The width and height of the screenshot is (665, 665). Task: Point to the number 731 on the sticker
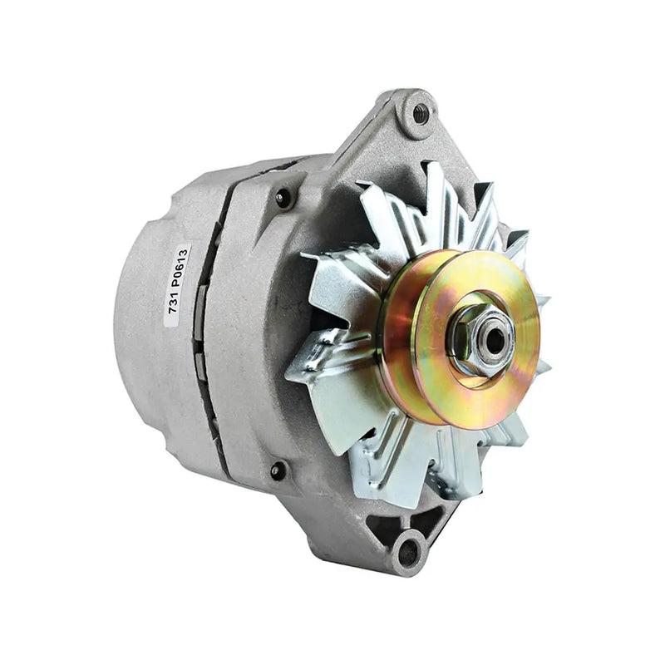(174, 308)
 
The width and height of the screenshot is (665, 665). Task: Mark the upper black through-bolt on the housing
(283, 197)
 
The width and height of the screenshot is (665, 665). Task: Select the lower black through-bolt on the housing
(278, 470)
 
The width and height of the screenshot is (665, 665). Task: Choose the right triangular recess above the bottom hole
(430, 520)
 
